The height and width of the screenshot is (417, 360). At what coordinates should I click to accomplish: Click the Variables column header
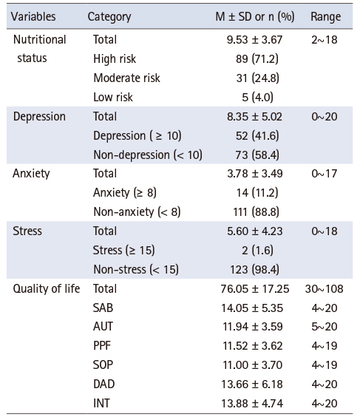(x=33, y=16)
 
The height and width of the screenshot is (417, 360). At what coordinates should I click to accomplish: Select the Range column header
(x=326, y=17)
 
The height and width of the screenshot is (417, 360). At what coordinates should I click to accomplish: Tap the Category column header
(x=109, y=17)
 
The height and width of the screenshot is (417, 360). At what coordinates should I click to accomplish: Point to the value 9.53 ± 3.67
(x=254, y=40)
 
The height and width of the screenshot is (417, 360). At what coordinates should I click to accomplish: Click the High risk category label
(x=115, y=58)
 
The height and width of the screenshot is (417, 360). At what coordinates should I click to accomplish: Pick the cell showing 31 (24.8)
(x=258, y=78)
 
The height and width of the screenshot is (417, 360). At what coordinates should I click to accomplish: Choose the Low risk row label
(x=113, y=98)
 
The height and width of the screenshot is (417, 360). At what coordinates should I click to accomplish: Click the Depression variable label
(x=39, y=117)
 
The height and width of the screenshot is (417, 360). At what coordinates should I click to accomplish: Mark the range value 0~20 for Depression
(x=325, y=117)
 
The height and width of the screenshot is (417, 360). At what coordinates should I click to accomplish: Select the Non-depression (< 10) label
(x=148, y=155)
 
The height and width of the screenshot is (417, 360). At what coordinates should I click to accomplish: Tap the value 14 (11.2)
(x=257, y=192)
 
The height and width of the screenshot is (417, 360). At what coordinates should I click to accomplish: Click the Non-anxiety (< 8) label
(x=137, y=212)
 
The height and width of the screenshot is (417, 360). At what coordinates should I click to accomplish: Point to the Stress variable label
(x=27, y=231)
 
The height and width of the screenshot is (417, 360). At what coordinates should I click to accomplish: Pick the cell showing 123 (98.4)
(x=255, y=270)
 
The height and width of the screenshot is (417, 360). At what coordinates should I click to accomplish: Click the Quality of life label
(x=47, y=289)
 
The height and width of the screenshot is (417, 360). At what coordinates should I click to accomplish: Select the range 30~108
(x=324, y=289)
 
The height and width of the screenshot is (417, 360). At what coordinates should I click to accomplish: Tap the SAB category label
(x=103, y=308)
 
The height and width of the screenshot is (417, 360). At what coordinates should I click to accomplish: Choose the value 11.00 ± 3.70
(x=253, y=365)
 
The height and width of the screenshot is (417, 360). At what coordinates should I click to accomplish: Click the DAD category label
(x=104, y=384)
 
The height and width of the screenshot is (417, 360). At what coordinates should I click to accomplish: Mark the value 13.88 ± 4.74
(x=252, y=404)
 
